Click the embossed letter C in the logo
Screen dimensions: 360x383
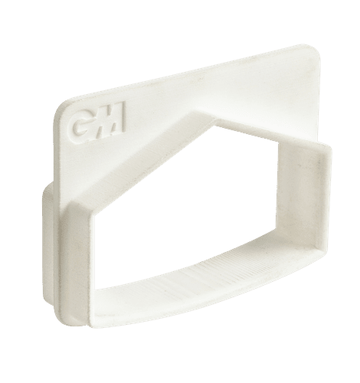tap(80, 124)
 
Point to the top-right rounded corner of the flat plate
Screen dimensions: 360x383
tap(316, 51)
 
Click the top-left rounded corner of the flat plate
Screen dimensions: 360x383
tap(61, 109)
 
